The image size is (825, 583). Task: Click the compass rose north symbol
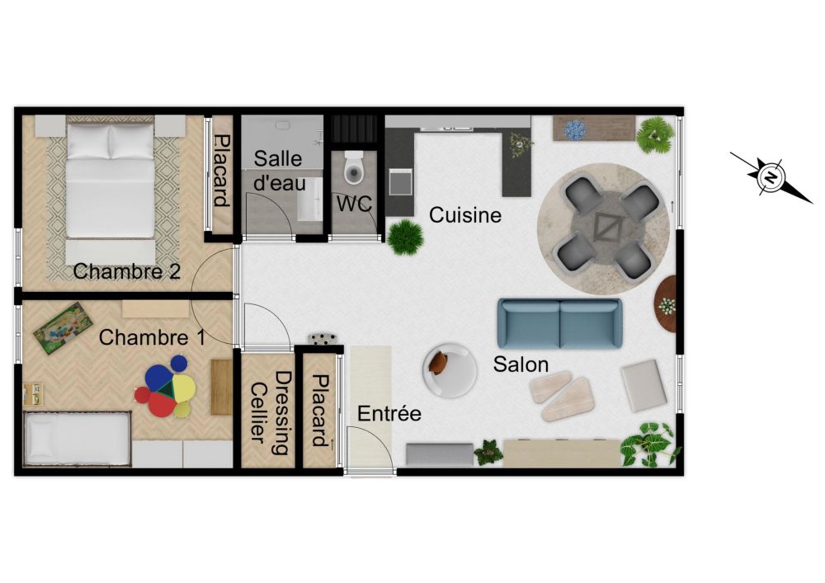click(x=771, y=176)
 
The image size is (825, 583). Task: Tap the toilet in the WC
click(x=354, y=167)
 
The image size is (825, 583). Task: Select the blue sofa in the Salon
click(x=560, y=323)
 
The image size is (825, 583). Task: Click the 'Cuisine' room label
click(x=465, y=215)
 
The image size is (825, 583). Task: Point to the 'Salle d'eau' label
click(x=279, y=171)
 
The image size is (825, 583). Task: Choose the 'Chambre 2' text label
click(x=127, y=271)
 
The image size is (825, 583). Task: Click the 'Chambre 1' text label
click(x=152, y=337)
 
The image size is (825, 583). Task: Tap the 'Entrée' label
click(x=389, y=414)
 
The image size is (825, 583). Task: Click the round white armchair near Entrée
click(x=450, y=370)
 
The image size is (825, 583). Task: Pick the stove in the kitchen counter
click(x=400, y=182)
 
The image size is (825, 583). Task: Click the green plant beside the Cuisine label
click(x=406, y=237)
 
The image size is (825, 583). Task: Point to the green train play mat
click(x=64, y=328)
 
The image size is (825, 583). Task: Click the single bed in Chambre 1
click(x=78, y=439)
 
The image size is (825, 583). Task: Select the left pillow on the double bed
click(x=88, y=142)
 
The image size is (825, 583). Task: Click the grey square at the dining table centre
click(x=609, y=226)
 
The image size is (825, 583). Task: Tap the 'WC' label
click(x=355, y=204)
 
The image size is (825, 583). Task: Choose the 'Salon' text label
click(x=521, y=364)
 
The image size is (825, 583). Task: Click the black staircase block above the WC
click(x=355, y=129)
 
